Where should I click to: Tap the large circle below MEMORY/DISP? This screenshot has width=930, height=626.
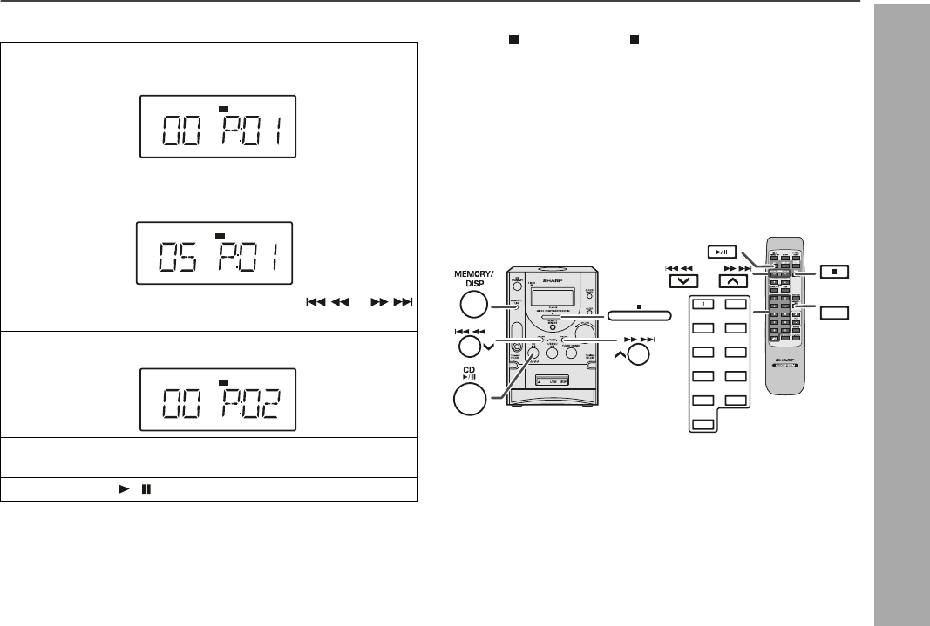pos(472,305)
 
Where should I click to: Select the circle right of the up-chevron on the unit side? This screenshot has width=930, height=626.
pos(639,354)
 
